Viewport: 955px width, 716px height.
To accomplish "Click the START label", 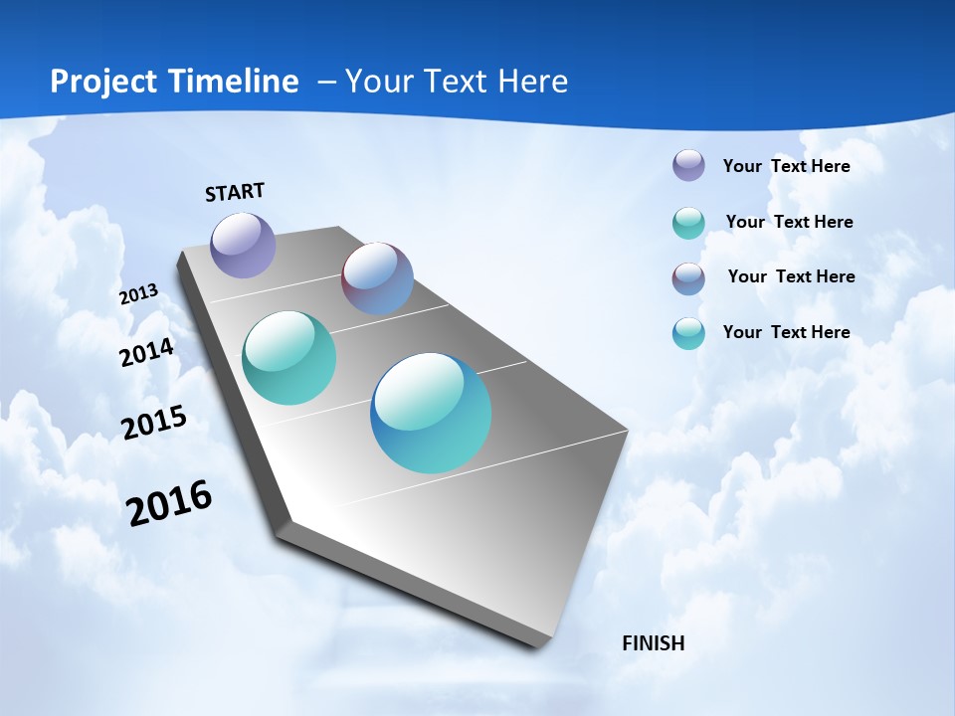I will pos(235,191).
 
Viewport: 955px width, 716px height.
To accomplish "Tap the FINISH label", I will pos(653,643).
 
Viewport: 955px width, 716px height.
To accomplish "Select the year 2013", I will pos(138,294).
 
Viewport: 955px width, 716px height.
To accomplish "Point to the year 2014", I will pos(147,353).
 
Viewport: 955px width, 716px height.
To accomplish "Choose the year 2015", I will pos(154,423).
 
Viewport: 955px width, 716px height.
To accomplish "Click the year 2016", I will pos(169,503).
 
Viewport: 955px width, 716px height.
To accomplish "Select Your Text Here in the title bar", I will pos(456,82).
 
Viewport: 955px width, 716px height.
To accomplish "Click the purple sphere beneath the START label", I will pos(243,245).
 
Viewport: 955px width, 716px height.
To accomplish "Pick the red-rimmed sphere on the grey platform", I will pos(377,278).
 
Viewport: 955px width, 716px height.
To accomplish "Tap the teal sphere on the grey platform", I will pos(288,358).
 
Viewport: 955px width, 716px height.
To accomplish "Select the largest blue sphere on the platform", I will pos(431,413).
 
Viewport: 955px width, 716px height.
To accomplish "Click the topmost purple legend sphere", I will pos(688,165).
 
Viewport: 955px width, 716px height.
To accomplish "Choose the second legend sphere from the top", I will pos(688,223).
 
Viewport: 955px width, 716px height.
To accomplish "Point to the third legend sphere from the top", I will pos(688,278).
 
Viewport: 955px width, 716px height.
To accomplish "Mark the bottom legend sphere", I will pos(688,333).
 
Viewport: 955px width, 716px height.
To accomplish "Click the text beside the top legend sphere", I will pos(786,166).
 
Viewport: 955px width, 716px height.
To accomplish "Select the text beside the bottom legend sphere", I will pos(786,332).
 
